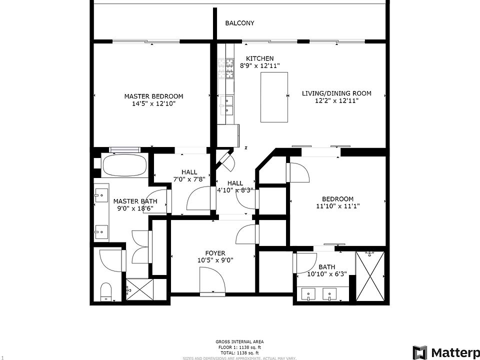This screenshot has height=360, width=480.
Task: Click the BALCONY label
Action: [239, 23]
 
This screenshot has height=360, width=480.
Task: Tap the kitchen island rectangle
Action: [274, 97]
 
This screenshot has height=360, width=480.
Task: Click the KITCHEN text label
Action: [259, 58]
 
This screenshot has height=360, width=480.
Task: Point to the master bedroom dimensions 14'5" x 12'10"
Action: [153, 104]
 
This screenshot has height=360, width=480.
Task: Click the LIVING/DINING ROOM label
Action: [336, 93]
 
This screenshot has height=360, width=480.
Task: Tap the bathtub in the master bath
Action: [124, 165]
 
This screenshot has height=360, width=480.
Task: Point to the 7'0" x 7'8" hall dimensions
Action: [189, 178]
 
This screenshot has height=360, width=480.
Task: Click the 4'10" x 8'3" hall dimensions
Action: [235, 190]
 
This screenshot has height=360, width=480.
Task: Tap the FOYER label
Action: [215, 253]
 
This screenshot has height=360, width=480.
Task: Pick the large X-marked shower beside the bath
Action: [370, 276]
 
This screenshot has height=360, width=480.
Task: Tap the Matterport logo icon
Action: [419, 352]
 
